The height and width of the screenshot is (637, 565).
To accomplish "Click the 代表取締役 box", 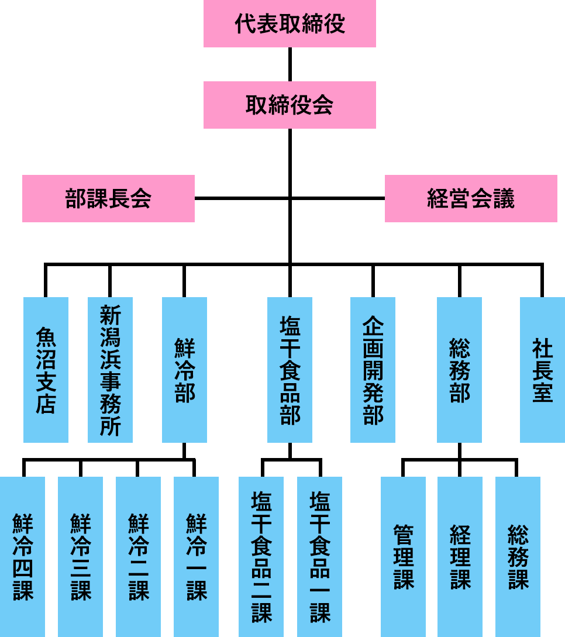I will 290,23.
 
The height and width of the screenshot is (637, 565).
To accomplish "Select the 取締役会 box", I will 290,105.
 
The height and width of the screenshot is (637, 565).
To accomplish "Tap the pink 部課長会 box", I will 108,198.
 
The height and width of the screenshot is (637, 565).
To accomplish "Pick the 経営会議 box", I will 471,198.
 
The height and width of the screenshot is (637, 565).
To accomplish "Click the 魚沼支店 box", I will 46,370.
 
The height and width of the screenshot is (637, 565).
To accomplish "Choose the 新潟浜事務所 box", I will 110,370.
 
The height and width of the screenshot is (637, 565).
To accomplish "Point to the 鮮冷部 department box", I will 184,370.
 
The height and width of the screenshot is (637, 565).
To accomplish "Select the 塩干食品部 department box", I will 290,370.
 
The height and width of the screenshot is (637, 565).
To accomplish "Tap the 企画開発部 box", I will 373,370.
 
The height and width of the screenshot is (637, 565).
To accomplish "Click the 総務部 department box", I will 459,370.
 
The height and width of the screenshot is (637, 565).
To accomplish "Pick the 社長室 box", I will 542,370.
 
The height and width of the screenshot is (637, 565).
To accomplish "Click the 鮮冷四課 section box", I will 22,556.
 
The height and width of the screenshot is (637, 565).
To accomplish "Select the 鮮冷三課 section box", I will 80,556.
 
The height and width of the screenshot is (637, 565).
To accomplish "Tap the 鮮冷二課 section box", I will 138,556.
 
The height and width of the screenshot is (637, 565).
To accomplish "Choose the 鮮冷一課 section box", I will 196,556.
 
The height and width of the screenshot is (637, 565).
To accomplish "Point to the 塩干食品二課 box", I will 261,556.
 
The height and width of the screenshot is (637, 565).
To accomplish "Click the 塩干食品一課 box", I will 319,556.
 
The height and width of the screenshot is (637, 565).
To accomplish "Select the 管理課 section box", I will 403,556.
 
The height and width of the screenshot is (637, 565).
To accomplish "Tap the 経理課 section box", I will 460,556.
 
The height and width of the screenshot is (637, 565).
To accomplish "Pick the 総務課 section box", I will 518,556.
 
